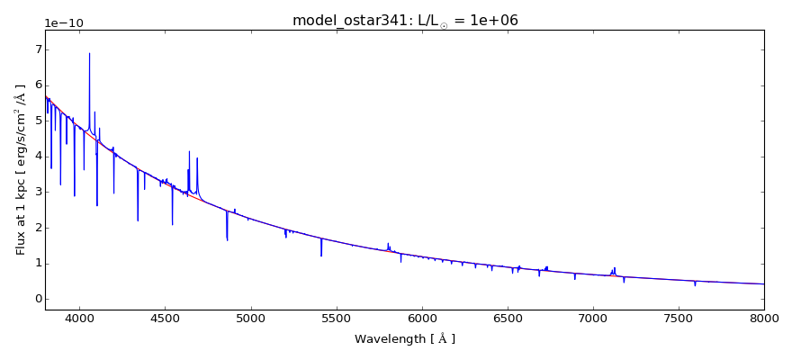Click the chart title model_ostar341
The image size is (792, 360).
coord(405,20)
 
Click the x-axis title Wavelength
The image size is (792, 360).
coord(405,339)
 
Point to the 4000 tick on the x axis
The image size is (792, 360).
coord(79,319)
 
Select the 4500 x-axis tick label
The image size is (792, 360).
coord(165,319)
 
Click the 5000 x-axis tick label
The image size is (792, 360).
coord(250,319)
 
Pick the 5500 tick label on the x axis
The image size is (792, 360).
coord(336,319)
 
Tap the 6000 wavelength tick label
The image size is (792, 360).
coord(422,319)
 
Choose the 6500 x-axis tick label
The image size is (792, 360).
coord(508,319)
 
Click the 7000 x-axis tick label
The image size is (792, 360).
coord(593,319)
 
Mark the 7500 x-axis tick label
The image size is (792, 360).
coord(679,319)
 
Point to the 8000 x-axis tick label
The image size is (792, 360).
coord(763,319)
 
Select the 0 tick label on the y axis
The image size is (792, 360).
coord(38,299)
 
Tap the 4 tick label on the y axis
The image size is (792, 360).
coord(38,156)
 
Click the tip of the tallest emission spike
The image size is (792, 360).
coord(89,53)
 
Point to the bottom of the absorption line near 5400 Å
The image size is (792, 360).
coord(321,256)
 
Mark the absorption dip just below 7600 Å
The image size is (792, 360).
coord(695,285)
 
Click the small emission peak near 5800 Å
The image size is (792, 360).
coord(388,243)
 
